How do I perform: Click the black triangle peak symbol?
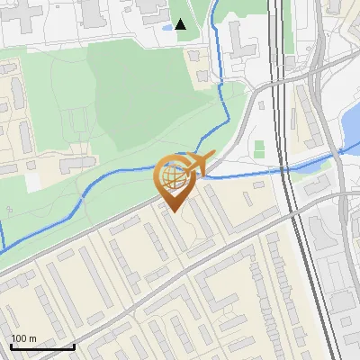pyautogui.click(x=181, y=24)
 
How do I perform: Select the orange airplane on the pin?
pyautogui.click(x=200, y=163)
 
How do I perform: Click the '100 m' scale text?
pyautogui.click(x=23, y=338)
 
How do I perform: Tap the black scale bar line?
pyautogui.click(x=42, y=346)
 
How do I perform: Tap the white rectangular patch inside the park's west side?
pyautogui.click(x=33, y=180)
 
